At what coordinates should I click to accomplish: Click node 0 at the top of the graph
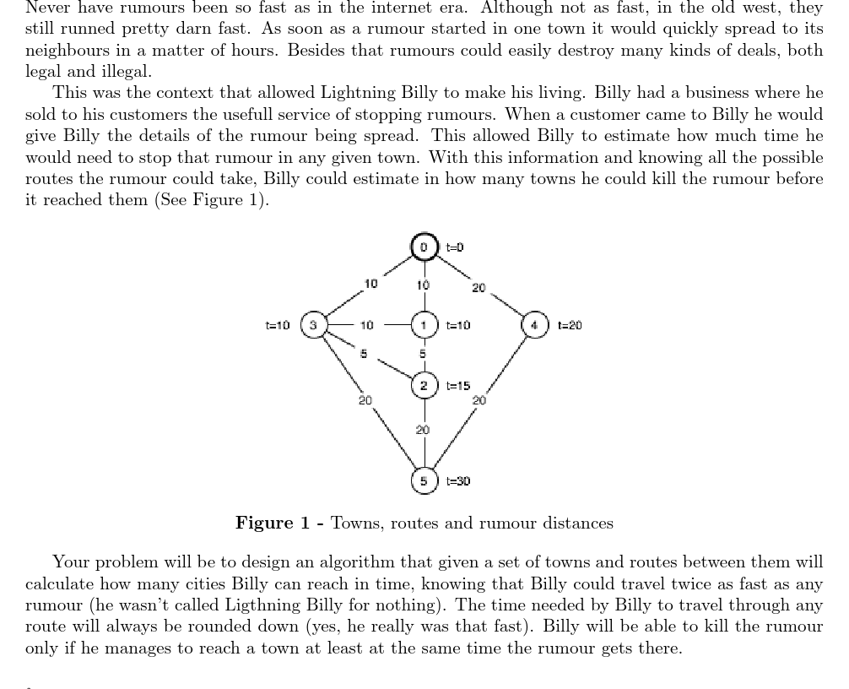click(424, 247)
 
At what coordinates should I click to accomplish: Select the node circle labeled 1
click(424, 325)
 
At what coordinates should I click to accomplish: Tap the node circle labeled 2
click(424, 386)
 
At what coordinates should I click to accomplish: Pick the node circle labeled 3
click(313, 325)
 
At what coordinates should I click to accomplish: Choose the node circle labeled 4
click(534, 325)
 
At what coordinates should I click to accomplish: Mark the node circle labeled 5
click(424, 480)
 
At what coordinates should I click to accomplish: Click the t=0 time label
click(455, 247)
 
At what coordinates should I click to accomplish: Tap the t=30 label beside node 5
click(457, 480)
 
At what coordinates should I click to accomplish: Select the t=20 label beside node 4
click(569, 325)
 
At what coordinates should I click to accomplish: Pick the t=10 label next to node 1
click(457, 325)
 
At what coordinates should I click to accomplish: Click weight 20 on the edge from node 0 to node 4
click(479, 288)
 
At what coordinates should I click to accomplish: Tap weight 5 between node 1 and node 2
click(424, 354)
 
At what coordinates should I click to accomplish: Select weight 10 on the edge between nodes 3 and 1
click(366, 325)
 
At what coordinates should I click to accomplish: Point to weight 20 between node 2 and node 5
click(423, 430)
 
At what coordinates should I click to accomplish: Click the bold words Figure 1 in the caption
click(273, 524)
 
